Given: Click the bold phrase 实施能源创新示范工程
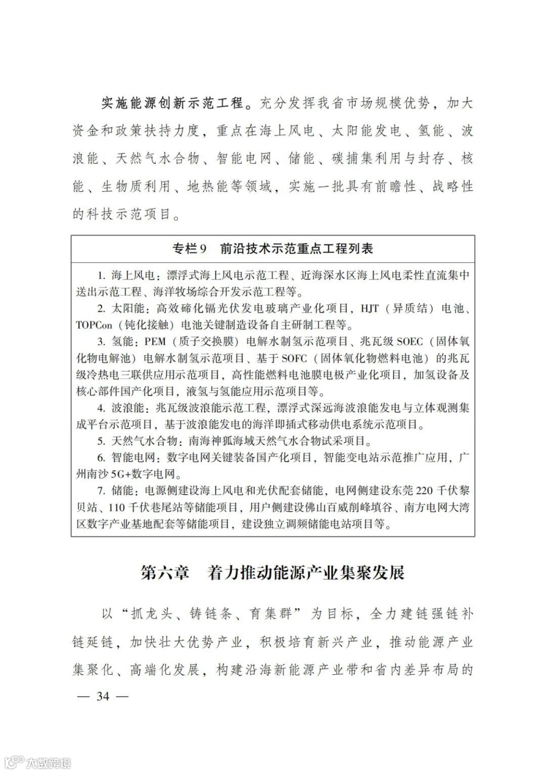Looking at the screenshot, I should coord(172,104).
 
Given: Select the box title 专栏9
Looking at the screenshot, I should coord(190,249).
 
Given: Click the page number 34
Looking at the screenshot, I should coord(103,697).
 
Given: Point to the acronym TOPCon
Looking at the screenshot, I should coord(94,325).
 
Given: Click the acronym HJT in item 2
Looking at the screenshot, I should coord(370,309).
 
